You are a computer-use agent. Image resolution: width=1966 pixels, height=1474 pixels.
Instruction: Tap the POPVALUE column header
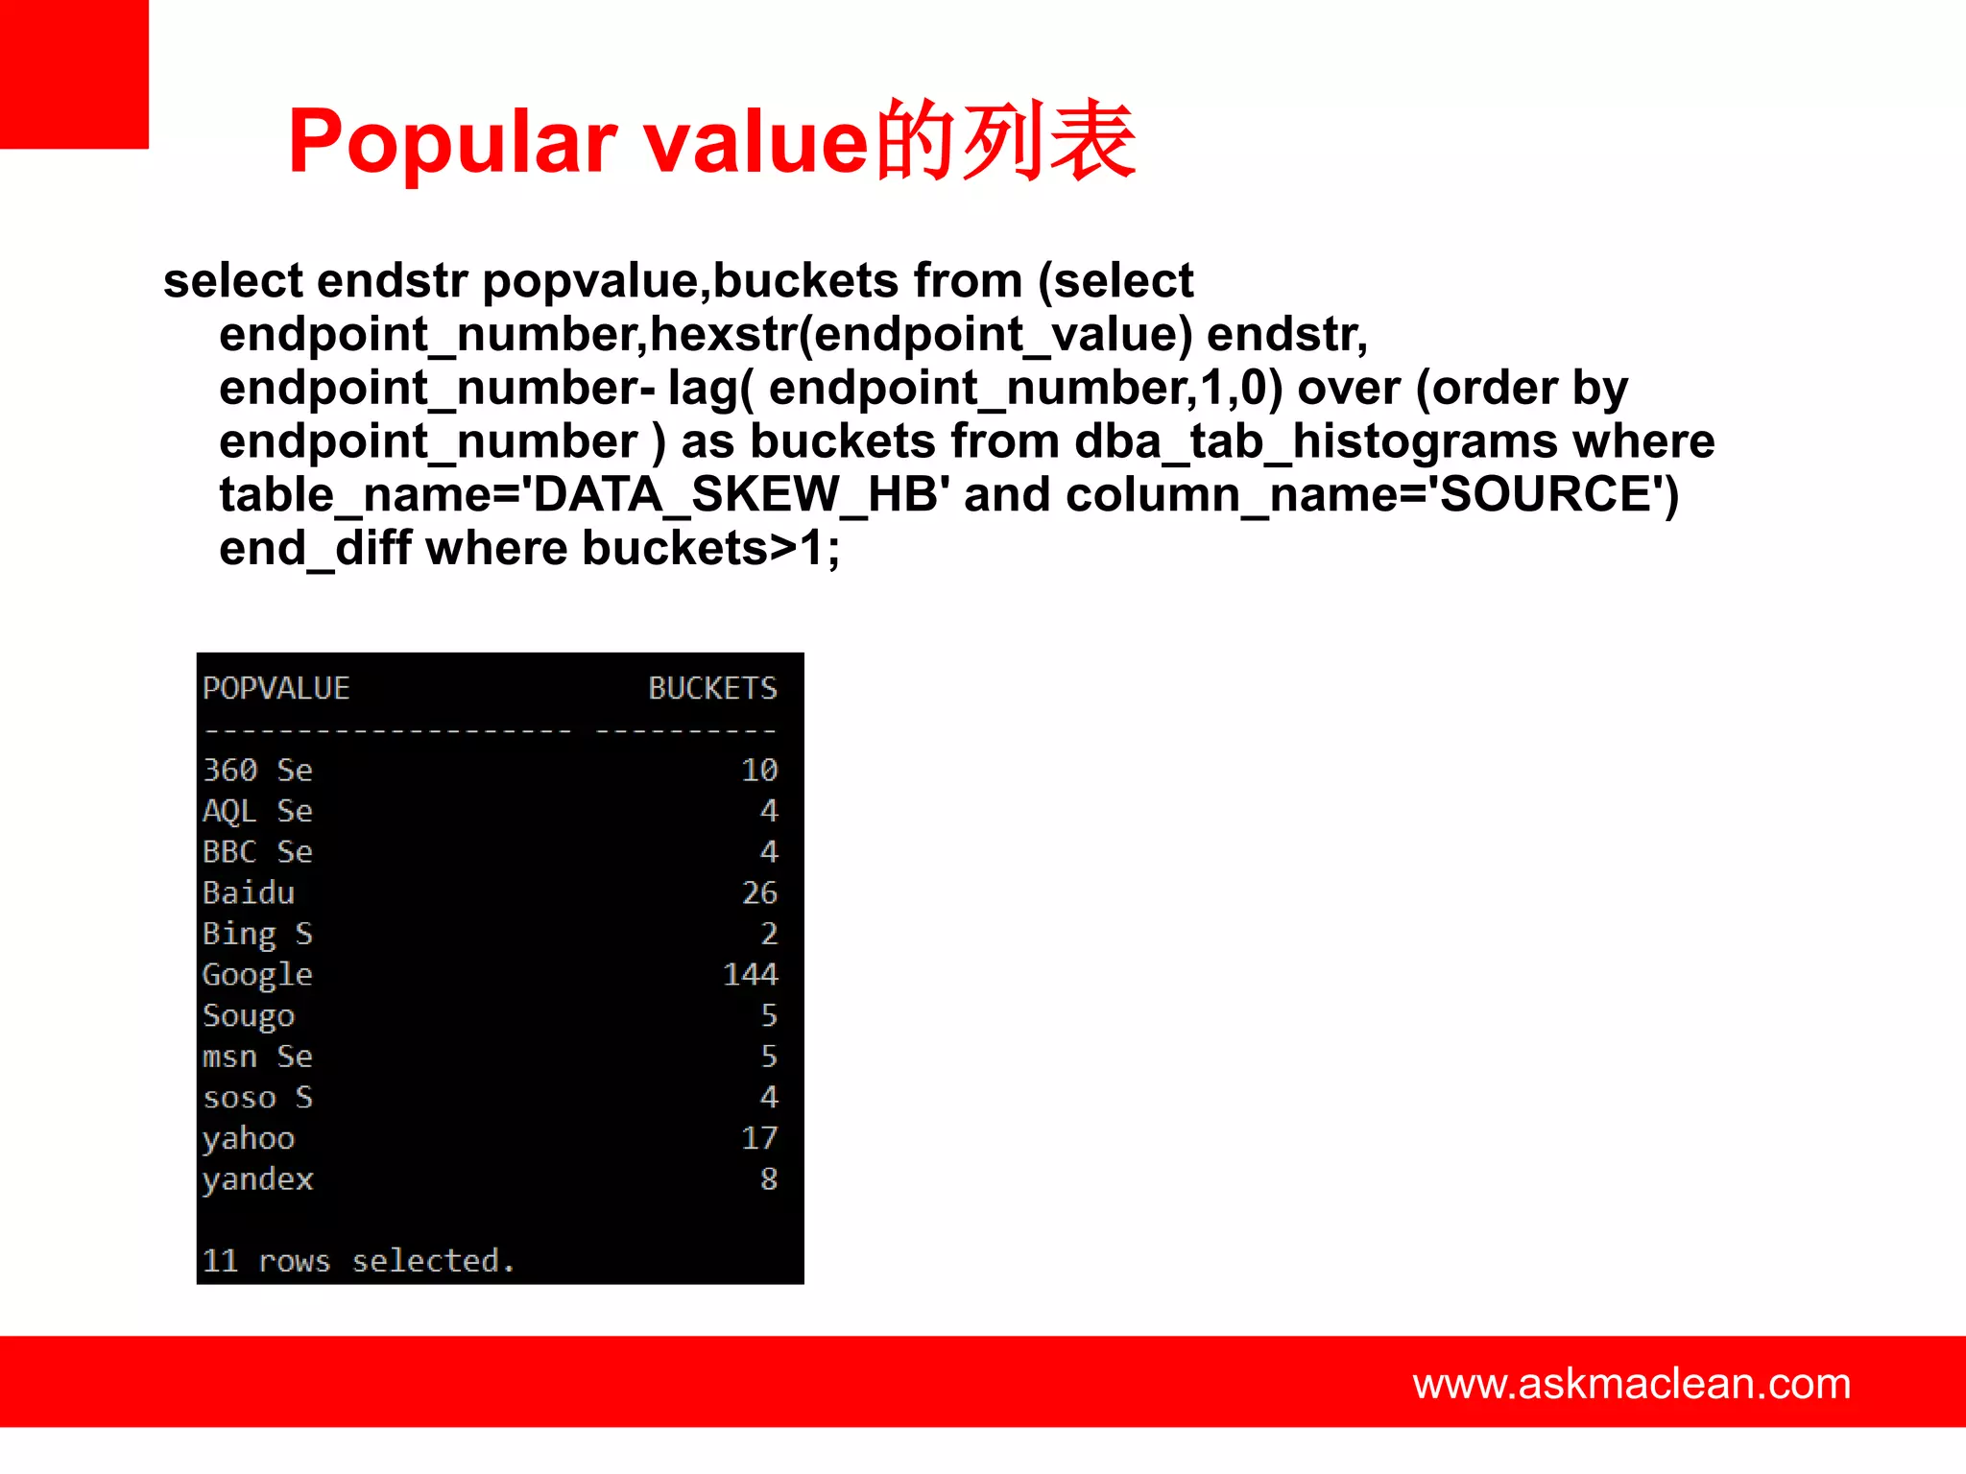tap(276, 688)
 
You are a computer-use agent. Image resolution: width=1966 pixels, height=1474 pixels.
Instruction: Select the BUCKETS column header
tap(712, 688)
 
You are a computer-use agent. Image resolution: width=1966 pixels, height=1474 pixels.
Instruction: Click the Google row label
tap(257, 975)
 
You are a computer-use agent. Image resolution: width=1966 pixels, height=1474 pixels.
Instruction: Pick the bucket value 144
tap(750, 975)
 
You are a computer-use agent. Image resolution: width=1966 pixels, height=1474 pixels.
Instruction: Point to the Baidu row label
tap(249, 893)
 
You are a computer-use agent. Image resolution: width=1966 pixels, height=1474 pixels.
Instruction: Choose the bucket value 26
tap(759, 893)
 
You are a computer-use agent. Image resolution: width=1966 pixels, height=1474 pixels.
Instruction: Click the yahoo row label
tap(249, 1138)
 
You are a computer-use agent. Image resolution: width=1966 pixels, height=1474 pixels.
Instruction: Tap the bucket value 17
tap(759, 1138)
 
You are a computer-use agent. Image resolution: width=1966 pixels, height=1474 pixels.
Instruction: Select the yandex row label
tap(257, 1179)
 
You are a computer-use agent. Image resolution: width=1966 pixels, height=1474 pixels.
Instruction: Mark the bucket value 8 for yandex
tap(769, 1179)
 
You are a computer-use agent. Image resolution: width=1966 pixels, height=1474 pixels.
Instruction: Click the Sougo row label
tap(249, 1016)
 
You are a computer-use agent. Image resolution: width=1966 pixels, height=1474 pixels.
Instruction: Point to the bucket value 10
tap(759, 771)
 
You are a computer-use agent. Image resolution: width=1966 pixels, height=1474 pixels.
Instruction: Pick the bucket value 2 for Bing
tap(769, 934)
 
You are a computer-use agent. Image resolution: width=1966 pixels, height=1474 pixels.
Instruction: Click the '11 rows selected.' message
tap(358, 1261)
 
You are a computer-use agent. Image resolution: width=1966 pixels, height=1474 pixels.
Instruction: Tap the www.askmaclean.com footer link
tap(1631, 1384)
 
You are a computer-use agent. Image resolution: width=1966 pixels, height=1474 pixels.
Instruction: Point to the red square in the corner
tap(74, 74)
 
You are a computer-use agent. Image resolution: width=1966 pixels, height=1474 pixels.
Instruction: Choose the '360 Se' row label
tap(257, 771)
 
